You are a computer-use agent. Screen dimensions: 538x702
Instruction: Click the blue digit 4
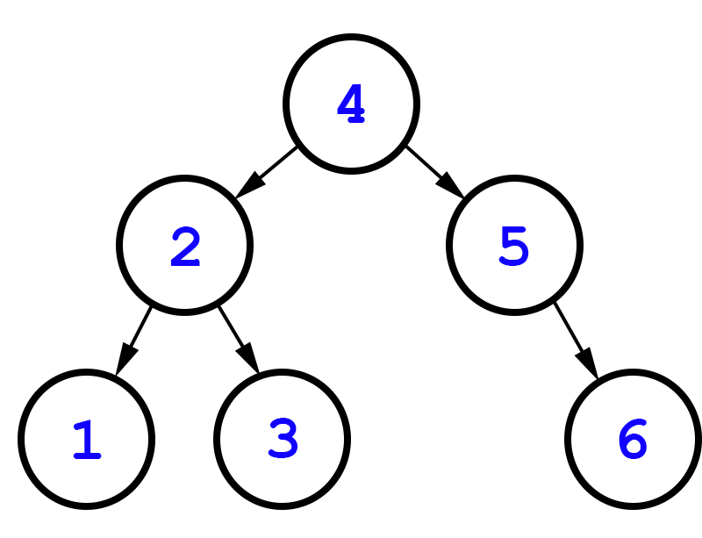click(350, 104)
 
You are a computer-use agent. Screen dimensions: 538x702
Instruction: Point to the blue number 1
click(87, 440)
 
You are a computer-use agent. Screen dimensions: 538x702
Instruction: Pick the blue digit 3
click(283, 440)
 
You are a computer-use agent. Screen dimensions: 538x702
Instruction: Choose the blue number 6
click(632, 440)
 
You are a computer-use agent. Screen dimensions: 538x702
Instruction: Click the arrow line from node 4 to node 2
click(274, 167)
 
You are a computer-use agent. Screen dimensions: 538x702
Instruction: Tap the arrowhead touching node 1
click(125, 357)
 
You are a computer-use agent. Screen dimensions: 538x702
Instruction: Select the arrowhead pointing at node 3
click(247, 357)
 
